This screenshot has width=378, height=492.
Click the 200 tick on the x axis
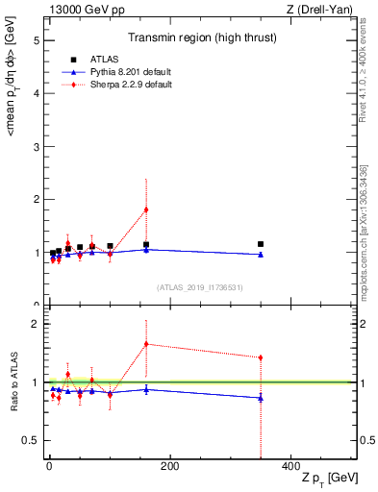169,466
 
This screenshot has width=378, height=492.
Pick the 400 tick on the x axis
290,466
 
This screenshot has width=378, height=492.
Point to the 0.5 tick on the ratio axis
31,441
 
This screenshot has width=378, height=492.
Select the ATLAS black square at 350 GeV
261,244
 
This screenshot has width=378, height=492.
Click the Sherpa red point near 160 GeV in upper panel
146,209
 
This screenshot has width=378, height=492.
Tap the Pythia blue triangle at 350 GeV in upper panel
261,255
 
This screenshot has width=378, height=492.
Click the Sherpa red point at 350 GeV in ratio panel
261,357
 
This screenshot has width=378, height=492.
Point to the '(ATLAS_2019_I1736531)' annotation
200,286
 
